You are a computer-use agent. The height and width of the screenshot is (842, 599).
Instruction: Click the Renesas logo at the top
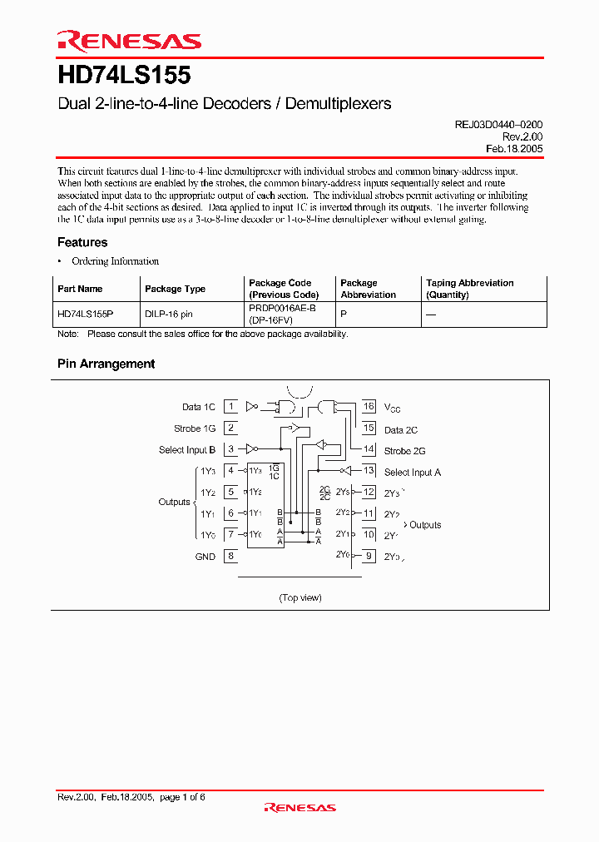click(129, 42)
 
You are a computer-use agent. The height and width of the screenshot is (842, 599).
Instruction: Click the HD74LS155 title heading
click(124, 76)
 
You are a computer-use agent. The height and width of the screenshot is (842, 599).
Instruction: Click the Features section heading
click(82, 242)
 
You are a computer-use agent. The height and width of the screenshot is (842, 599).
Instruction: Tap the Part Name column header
click(80, 289)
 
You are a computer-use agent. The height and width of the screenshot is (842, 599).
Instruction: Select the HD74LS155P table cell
click(86, 315)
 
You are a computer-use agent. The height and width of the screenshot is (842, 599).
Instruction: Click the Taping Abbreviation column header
click(470, 289)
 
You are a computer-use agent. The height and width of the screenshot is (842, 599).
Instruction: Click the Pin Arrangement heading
click(106, 364)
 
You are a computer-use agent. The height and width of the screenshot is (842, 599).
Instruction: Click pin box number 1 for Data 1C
click(230, 407)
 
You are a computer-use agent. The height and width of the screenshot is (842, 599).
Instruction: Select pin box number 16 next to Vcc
click(369, 407)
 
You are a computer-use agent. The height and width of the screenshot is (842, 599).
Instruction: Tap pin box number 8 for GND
click(230, 557)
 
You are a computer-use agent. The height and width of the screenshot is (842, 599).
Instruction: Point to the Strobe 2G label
click(405, 451)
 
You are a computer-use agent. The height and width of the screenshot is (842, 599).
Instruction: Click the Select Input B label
click(187, 450)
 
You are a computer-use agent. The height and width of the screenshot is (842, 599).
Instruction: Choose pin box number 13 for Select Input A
click(369, 472)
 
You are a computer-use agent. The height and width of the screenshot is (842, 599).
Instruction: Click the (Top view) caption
click(299, 597)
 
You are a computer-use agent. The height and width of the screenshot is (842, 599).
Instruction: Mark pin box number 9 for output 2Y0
click(369, 556)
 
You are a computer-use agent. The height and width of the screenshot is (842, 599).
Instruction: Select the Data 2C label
click(401, 430)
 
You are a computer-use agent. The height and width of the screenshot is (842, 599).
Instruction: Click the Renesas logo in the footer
click(299, 807)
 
